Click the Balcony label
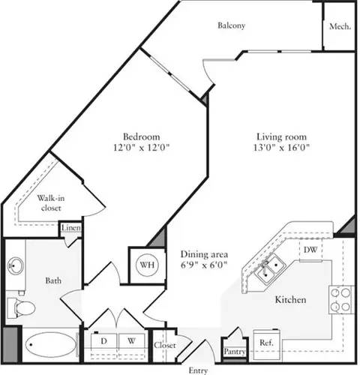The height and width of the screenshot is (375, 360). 232,25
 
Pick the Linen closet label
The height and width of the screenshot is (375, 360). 71,228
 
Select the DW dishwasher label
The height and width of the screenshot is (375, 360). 309,250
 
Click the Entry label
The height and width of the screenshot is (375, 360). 198,370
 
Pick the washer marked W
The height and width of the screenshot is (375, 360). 130,341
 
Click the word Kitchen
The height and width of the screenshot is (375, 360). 290,299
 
